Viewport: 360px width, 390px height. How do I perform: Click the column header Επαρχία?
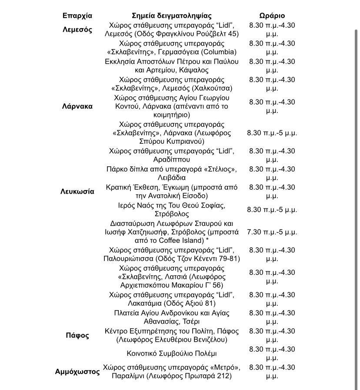[77, 16]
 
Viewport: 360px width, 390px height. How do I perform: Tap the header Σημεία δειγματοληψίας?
[172, 16]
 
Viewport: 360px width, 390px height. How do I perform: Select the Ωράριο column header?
[272, 16]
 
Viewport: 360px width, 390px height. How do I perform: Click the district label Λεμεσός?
[77, 30]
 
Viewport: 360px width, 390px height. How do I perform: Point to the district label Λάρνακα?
[77, 106]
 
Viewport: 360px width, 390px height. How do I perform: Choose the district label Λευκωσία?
[77, 192]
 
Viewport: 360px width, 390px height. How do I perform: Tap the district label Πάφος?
[77, 335]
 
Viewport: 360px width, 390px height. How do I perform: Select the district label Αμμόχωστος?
[77, 372]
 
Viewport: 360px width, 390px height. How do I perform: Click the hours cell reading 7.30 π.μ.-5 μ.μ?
[272, 232]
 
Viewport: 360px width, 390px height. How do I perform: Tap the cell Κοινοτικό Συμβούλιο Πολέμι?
[172, 354]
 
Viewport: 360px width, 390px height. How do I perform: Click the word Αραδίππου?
[172, 160]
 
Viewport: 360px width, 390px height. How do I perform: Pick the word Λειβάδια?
[172, 178]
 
